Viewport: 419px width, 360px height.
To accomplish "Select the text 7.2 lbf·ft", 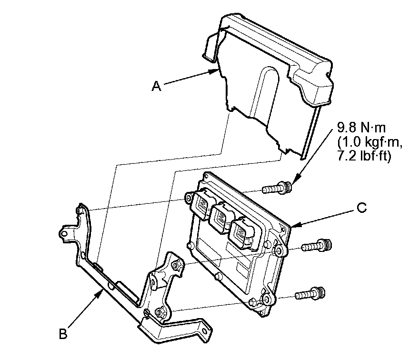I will (365, 157).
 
